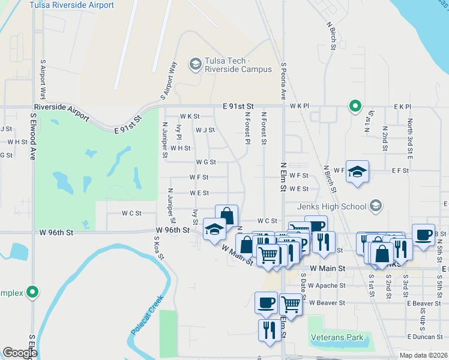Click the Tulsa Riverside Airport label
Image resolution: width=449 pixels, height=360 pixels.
coord(72,5)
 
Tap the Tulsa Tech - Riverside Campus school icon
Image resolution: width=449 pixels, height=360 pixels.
coord(195,64)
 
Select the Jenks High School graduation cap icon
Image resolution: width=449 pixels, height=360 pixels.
coord(376,206)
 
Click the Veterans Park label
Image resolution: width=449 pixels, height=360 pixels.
coord(337,337)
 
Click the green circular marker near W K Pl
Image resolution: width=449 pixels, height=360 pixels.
coord(355,107)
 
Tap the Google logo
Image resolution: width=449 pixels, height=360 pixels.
coord(20,353)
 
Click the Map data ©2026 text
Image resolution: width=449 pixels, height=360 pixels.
coord(424,355)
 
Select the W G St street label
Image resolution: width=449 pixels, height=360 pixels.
coord(205,162)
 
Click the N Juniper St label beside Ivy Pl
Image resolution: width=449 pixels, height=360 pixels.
coord(164,140)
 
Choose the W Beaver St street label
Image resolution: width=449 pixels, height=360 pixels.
coord(327,303)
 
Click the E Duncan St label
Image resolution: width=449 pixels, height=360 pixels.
coord(424,337)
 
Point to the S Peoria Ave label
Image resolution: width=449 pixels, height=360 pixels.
coord(283,82)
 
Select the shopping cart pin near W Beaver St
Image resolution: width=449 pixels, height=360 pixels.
coord(291,304)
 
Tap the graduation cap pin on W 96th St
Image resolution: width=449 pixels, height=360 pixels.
coord(214,229)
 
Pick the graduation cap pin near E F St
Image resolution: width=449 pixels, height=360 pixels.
coord(357,172)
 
